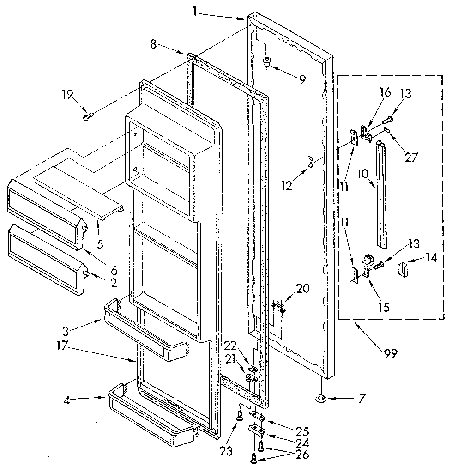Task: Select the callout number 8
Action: pos(153,44)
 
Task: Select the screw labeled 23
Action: pos(240,416)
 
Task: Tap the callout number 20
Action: pos(303,289)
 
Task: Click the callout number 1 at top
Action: pos(195,12)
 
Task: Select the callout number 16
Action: pos(385,92)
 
